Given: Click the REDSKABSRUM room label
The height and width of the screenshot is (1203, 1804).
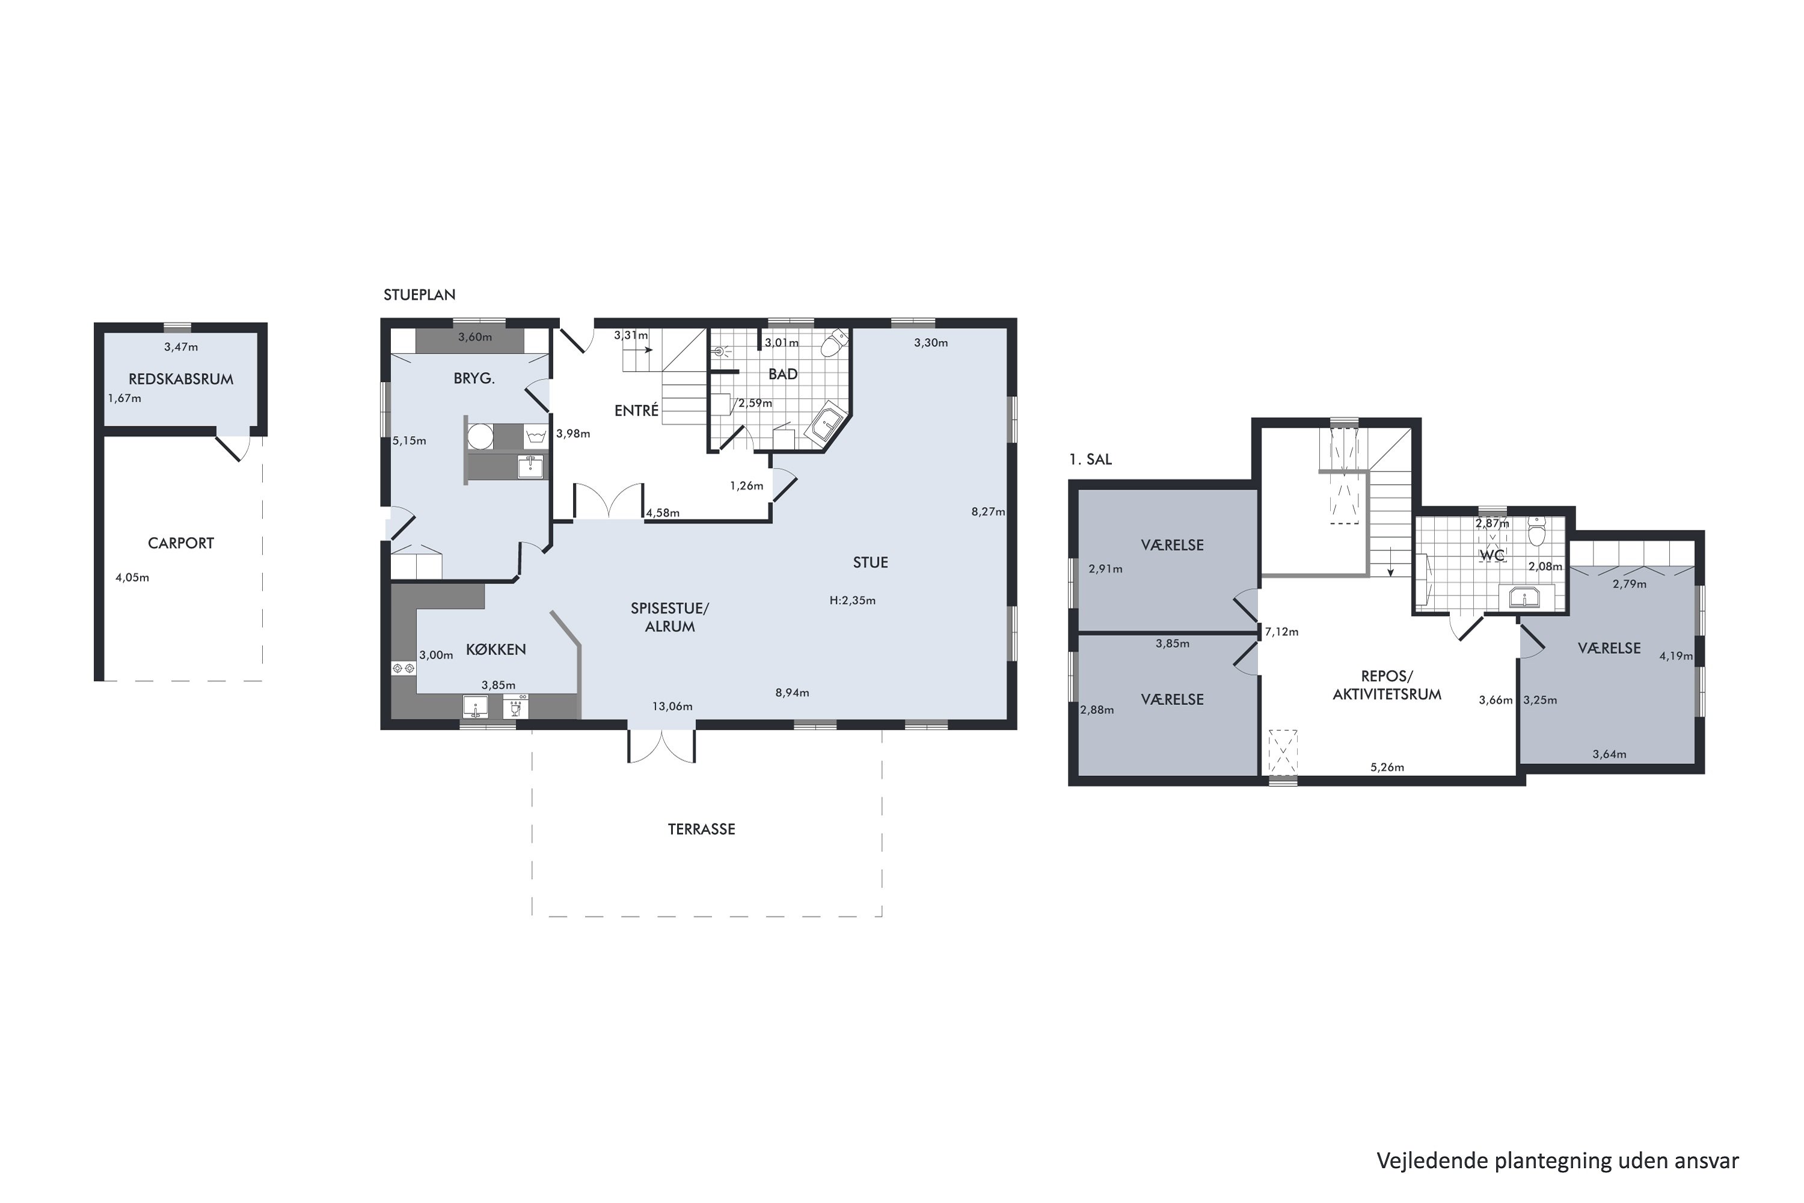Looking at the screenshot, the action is point(181,379).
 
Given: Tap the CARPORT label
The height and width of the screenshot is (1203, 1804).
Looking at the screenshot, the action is point(181,543).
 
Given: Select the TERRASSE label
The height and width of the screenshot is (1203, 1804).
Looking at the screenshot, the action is point(701,829).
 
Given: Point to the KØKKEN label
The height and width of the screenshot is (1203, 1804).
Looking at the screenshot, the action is point(495,650).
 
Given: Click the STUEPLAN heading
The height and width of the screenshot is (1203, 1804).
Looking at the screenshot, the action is point(420,295).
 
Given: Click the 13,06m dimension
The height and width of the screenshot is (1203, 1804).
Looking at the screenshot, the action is point(673,707).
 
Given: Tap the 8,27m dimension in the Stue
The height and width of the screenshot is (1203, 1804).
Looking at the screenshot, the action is point(988,512).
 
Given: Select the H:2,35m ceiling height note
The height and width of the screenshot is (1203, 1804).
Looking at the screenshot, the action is point(852,601).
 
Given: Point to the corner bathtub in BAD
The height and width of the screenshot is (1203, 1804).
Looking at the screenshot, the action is point(825,423).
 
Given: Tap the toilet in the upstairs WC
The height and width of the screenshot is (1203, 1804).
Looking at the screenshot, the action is point(1536,531).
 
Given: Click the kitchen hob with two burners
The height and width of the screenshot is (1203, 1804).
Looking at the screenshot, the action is point(403,669).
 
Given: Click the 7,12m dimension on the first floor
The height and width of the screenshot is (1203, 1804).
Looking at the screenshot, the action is point(1281,632).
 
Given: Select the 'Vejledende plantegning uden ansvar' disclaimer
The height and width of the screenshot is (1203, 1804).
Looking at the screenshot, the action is point(1557,1161).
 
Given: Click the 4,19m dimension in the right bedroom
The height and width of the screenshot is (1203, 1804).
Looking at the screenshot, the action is point(1676,656).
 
